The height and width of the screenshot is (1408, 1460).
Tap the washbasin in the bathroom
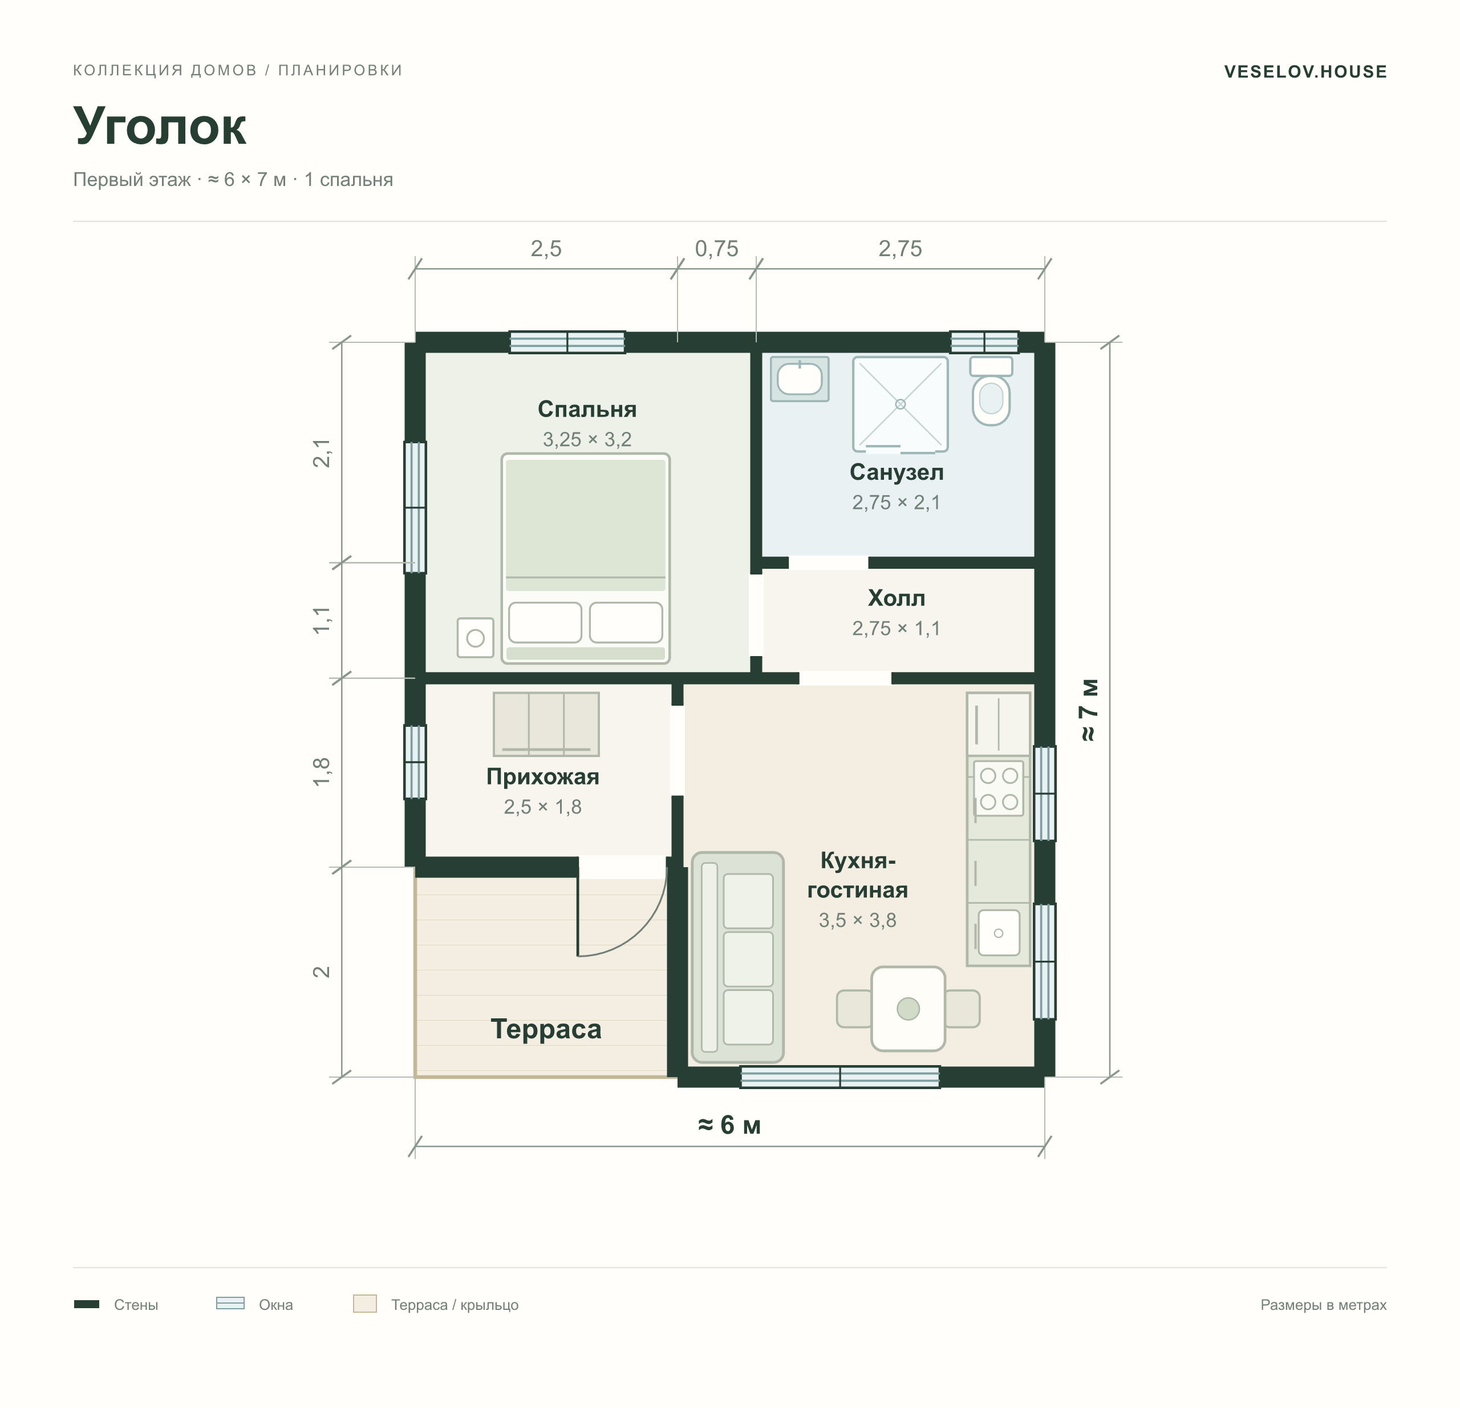tap(799, 378)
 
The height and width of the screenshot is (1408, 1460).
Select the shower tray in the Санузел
tap(900, 404)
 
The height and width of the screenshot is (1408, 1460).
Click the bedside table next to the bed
tap(475, 638)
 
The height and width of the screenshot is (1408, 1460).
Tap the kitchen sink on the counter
tap(998, 933)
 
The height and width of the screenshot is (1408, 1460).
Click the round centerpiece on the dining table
tap(908, 1009)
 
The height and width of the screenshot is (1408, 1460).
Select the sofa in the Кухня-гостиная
tap(737, 957)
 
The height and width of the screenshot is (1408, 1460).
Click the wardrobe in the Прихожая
tap(546, 724)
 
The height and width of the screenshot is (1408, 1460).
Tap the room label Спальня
tap(587, 409)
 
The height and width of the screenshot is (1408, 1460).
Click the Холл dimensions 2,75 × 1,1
tap(896, 629)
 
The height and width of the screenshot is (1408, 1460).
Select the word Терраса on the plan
tap(546, 1029)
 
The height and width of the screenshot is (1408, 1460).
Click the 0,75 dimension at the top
tap(716, 249)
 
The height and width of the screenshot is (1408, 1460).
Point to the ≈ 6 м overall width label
tap(729, 1125)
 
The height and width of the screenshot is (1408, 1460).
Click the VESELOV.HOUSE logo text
tap(1305, 71)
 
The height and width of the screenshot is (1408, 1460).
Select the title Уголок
tap(160, 126)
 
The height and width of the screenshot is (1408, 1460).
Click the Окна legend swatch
tap(230, 1303)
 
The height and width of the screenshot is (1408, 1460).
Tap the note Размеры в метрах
tap(1323, 1304)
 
